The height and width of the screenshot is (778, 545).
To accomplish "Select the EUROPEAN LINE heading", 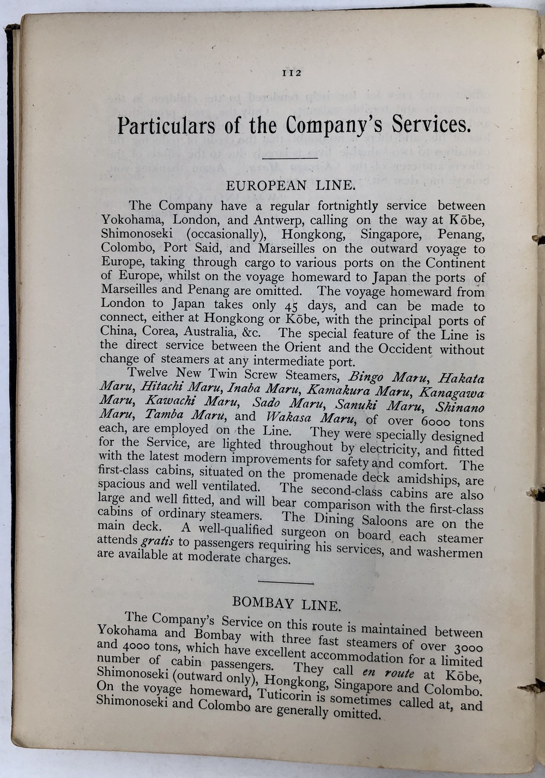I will (290, 185).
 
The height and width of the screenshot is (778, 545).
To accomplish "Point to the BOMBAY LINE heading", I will (287, 604).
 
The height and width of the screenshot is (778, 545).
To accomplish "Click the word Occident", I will (394, 348).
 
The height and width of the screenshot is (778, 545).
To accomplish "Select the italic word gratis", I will (158, 542).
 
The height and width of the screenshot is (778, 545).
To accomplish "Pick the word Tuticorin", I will (292, 695).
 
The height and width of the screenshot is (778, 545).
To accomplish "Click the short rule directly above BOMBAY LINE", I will (286, 583).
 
